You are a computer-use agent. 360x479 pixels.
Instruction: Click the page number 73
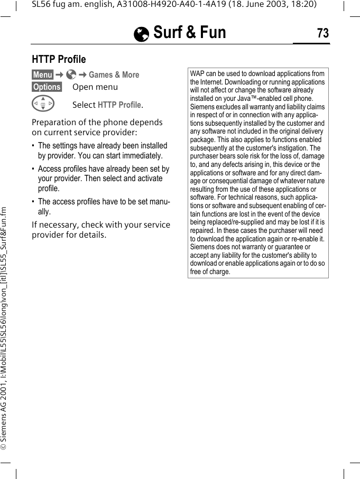point(322,33)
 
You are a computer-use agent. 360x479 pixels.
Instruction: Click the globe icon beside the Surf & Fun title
point(142,34)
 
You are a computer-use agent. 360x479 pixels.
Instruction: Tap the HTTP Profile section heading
point(59,59)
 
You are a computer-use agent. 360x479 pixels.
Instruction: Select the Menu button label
point(42,75)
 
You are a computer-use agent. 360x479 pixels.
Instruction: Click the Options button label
point(47,87)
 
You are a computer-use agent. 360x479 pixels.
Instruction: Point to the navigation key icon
point(43,104)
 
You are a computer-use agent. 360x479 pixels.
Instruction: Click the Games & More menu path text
point(114,75)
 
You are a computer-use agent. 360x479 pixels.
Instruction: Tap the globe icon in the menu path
point(71,75)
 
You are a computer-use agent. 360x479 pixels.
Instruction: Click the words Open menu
point(95,87)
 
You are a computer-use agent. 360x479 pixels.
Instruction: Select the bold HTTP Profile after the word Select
point(119,105)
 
